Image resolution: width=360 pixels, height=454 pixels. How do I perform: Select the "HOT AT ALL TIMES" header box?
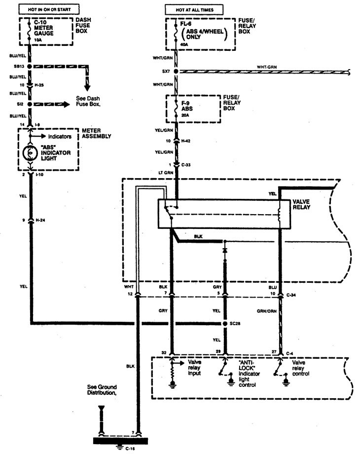tap(193, 9)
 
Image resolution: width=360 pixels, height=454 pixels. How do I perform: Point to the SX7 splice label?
tap(165, 72)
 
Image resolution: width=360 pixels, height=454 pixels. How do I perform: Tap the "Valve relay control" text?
tap(300, 368)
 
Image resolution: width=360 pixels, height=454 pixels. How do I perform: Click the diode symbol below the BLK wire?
tap(225, 250)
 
